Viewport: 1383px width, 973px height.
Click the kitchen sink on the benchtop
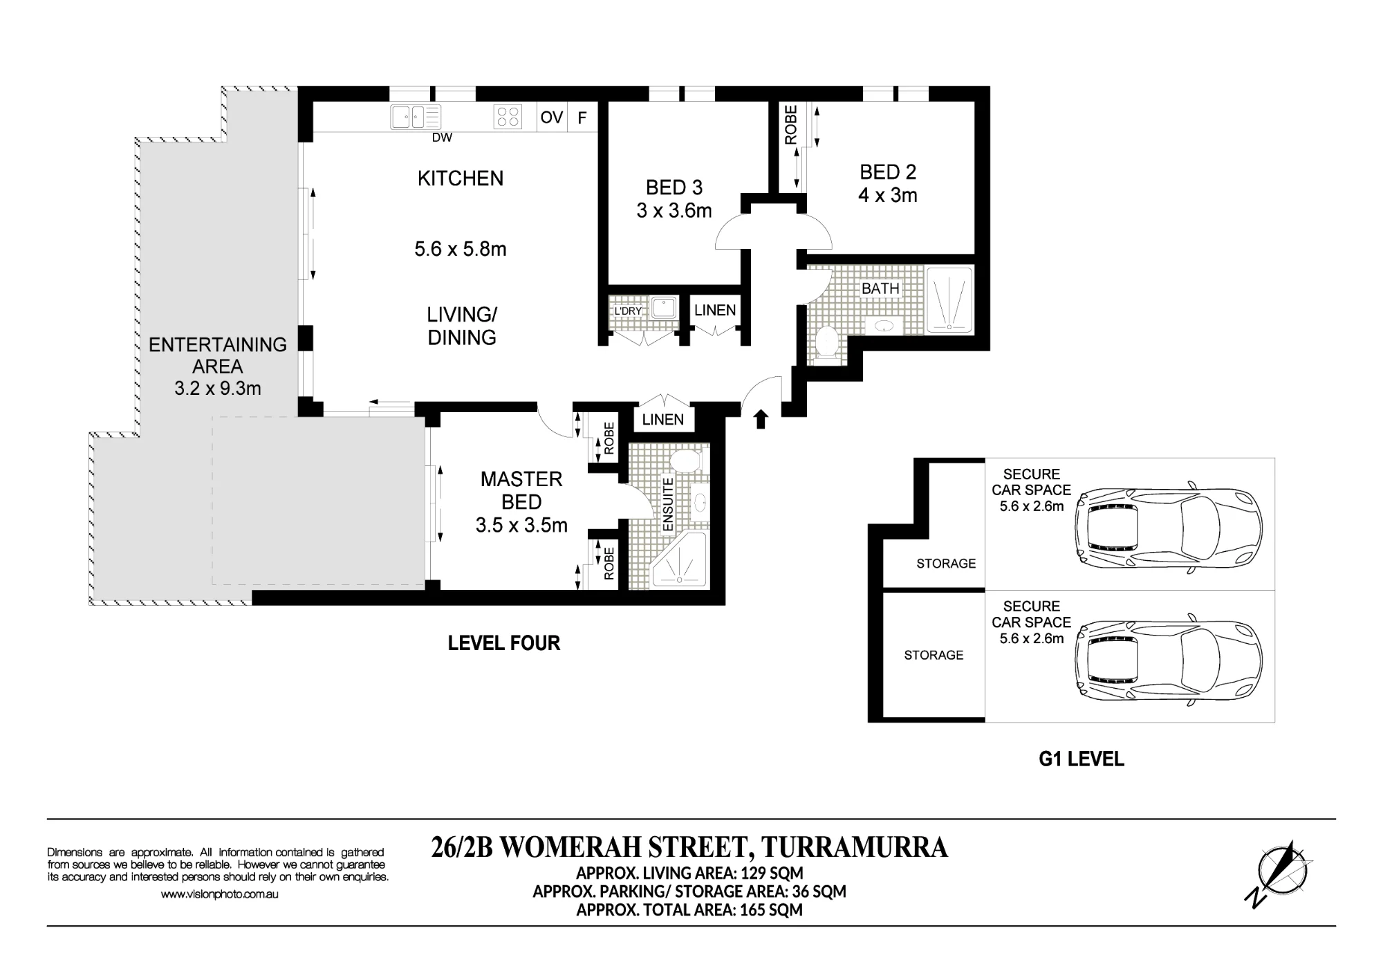[x=415, y=117]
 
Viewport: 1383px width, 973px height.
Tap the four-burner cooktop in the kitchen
[x=508, y=117]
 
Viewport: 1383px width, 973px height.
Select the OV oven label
[x=552, y=118]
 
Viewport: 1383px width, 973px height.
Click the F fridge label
[x=582, y=118]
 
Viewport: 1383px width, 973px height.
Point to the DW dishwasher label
[x=442, y=138]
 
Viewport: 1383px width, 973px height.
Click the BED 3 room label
[x=674, y=187]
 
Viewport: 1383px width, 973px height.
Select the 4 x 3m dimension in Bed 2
[x=888, y=195]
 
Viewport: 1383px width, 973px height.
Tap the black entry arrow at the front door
[x=761, y=419]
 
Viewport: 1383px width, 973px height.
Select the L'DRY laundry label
[x=628, y=311]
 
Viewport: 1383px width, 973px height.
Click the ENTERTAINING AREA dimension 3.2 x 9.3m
[x=218, y=389]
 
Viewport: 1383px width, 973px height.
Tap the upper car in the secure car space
[x=1169, y=528]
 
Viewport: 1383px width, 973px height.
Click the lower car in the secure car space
[x=1169, y=658]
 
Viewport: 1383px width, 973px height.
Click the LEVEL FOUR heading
[x=504, y=643]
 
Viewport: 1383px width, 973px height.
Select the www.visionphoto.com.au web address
[x=220, y=894]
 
